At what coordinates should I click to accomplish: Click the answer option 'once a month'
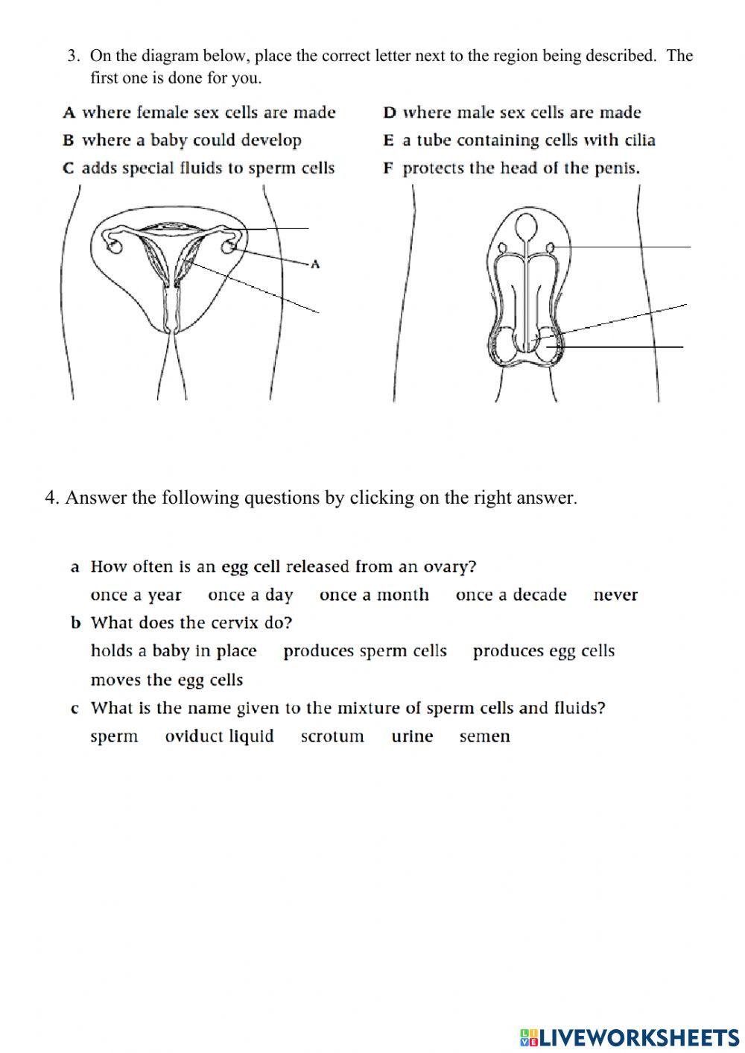click(x=374, y=595)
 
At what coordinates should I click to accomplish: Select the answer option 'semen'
click(x=484, y=736)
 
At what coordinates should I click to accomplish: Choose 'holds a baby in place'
click(x=173, y=651)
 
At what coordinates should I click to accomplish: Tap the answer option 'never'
click(x=615, y=595)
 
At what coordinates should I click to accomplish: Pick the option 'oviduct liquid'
click(x=219, y=736)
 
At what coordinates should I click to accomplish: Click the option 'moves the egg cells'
click(x=166, y=680)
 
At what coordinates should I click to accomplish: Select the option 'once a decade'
click(x=511, y=595)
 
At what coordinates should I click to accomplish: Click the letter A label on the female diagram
click(x=315, y=264)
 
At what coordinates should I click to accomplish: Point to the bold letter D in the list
click(x=389, y=113)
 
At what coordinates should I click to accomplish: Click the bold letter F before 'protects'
click(x=388, y=168)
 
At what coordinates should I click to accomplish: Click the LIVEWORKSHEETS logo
click(x=630, y=1037)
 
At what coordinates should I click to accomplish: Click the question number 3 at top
click(x=73, y=55)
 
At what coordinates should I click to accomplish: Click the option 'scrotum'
click(x=332, y=736)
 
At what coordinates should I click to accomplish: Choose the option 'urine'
click(x=412, y=736)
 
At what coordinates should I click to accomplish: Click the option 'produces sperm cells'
click(x=364, y=651)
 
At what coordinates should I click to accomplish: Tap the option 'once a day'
click(x=250, y=595)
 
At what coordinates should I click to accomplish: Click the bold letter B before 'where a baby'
click(x=69, y=141)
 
